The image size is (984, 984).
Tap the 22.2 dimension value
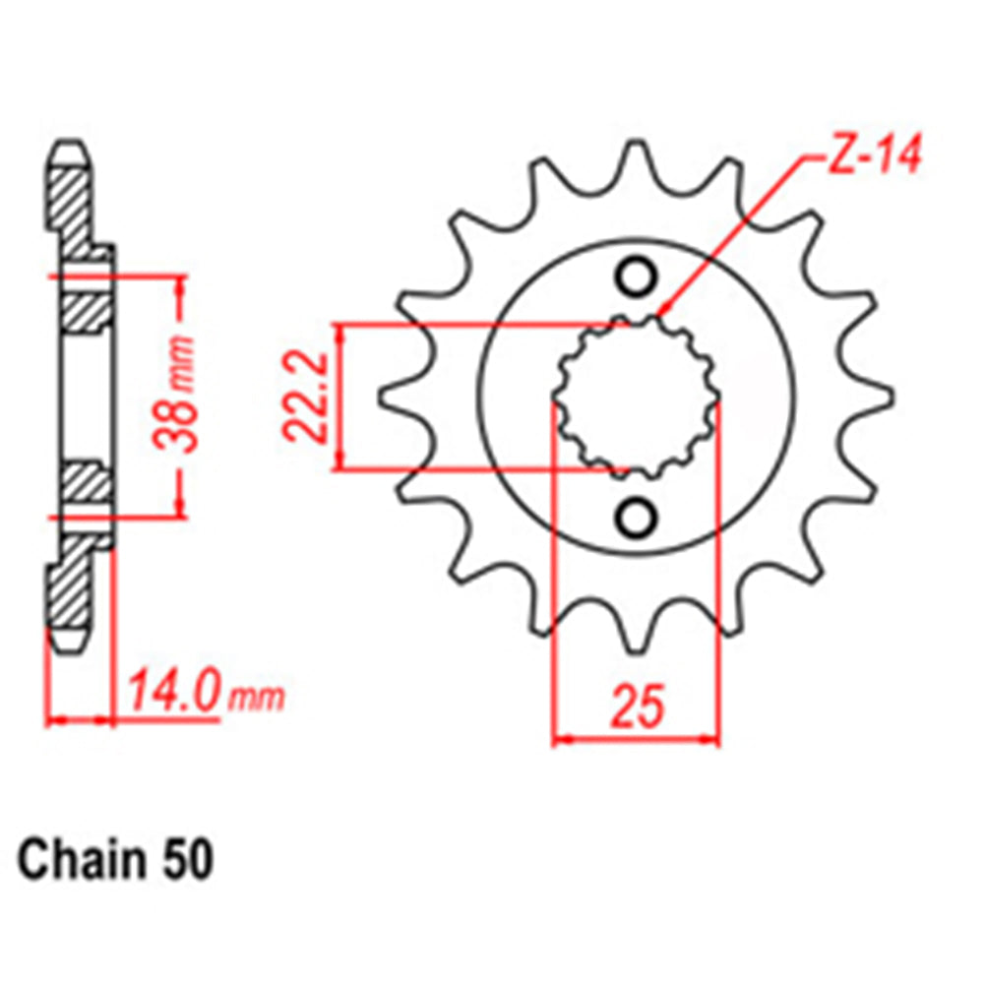(306, 398)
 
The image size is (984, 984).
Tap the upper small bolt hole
(635, 277)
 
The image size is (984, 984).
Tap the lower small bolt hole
(635, 516)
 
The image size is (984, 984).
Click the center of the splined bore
(636, 398)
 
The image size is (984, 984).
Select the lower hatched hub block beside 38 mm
(88, 484)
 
